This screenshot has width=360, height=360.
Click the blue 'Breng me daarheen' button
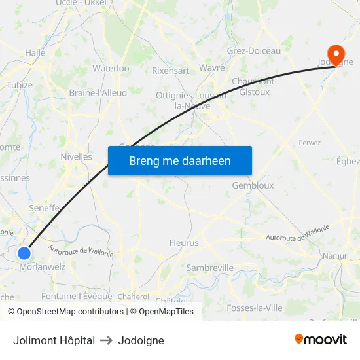[x=180, y=160]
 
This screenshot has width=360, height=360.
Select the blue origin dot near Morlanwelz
[x=24, y=253]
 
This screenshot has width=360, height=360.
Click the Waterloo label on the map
[x=111, y=68]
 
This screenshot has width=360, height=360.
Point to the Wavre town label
[x=212, y=67]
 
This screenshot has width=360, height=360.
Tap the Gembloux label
[x=253, y=185]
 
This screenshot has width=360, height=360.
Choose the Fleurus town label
[x=184, y=243]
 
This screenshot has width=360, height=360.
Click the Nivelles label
[x=76, y=156]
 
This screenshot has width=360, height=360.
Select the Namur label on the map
[x=335, y=255]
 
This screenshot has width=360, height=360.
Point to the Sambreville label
[x=210, y=268]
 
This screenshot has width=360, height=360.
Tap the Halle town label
[x=35, y=52]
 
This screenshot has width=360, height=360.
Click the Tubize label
[x=20, y=85]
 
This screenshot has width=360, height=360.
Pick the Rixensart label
[x=170, y=70]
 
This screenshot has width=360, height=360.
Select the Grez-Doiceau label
[x=253, y=51]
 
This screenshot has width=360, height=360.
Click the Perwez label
[x=309, y=142]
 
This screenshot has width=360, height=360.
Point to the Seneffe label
[x=45, y=208]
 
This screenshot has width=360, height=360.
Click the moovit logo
[x=320, y=340]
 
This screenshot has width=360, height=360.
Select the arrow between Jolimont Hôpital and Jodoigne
[x=106, y=340]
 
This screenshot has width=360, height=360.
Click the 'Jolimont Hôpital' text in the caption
[x=54, y=340]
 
